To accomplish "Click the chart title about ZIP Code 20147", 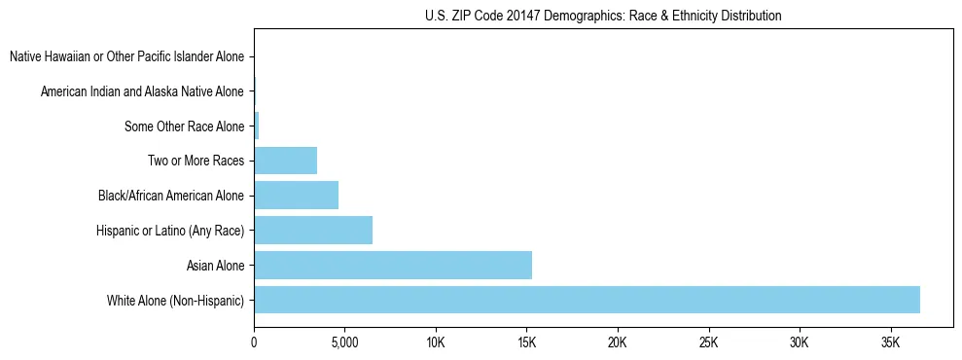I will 603,16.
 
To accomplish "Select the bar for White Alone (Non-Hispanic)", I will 587,300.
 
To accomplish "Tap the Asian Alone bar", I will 393,265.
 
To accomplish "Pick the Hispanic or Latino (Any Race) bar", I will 313,230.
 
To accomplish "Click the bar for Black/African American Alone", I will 296,196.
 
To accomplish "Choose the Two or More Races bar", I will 285,161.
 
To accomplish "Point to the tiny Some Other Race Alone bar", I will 257,126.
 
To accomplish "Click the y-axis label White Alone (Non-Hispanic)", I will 176,300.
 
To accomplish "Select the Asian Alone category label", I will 215,265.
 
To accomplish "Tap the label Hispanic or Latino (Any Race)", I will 170,230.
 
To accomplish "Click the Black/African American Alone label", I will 171,196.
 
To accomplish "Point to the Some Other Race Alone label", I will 185,126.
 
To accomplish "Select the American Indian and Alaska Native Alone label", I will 142,91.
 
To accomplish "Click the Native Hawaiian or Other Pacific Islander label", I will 126,57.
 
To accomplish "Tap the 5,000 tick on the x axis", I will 344,343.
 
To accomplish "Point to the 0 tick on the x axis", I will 254,343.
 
